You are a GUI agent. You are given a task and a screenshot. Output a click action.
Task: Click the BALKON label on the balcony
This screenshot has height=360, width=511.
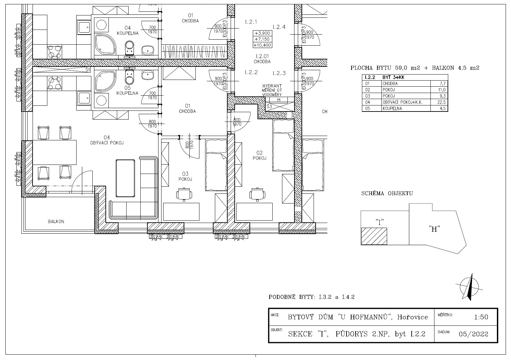pyautogui.click(x=56, y=222)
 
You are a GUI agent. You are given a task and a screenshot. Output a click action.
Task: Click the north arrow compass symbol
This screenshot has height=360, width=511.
pyautogui.click(x=469, y=287)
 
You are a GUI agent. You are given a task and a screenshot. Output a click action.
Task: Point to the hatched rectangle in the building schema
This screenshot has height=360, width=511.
pyautogui.click(x=374, y=236)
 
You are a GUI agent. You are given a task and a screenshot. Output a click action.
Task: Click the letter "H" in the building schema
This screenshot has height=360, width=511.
pyautogui.click(x=434, y=229)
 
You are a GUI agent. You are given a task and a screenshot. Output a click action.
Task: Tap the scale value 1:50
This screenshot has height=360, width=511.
pyautogui.click(x=481, y=317)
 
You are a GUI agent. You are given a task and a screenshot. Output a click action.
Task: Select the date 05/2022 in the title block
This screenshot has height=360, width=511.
pyautogui.click(x=474, y=334)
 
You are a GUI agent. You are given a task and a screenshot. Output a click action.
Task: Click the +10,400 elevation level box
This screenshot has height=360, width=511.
pyautogui.click(x=263, y=45)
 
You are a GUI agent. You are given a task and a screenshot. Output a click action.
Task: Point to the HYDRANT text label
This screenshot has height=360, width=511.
pyautogui.click(x=272, y=86)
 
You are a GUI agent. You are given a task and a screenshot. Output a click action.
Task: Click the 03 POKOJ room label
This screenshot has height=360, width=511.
pyautogui.click(x=185, y=177)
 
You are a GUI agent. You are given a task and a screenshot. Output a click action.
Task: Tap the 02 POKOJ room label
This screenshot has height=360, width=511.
pyautogui.click(x=260, y=155)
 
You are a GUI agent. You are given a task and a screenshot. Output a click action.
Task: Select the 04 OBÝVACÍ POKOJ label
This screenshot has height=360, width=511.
pyautogui.click(x=107, y=140)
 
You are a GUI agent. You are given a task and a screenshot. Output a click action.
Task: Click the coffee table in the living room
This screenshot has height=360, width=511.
pyautogui.click(x=125, y=178)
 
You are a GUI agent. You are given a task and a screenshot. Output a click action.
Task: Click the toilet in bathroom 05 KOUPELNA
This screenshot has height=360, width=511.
pyautogui.click(x=130, y=77)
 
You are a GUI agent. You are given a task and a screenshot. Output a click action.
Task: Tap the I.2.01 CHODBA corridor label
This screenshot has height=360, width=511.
pyautogui.click(x=262, y=59)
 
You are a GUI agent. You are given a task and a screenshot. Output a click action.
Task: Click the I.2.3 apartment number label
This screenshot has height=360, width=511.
pyautogui.click(x=279, y=73)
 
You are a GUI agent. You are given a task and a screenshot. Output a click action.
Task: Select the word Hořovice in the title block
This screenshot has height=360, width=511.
pyautogui.click(x=413, y=317)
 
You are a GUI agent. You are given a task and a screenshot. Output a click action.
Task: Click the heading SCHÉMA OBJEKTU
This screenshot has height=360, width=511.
pyautogui.click(x=387, y=193)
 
